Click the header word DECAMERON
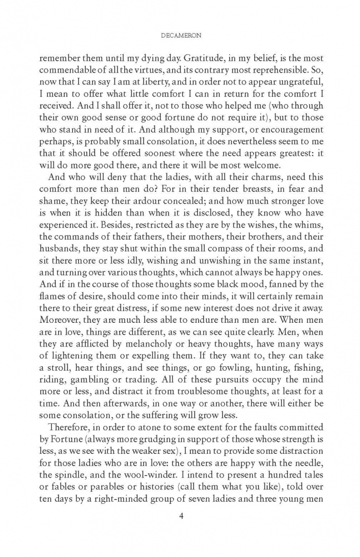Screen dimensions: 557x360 tap(180, 37)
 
